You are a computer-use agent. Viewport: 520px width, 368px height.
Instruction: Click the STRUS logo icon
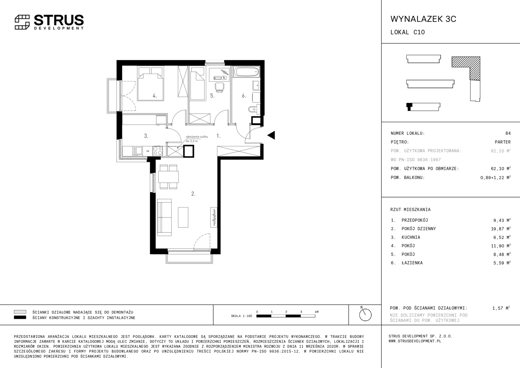pyautogui.click(x=22, y=22)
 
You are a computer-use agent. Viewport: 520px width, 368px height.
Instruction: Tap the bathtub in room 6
pyautogui.click(x=246, y=72)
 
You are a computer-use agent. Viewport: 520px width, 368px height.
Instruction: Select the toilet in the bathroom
pyautogui.click(x=254, y=109)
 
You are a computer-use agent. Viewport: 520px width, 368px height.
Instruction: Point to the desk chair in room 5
pyautogui.click(x=220, y=87)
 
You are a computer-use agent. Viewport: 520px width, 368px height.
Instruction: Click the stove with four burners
pyautogui.click(x=158, y=151)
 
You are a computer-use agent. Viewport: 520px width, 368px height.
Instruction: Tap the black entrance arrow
pyautogui.click(x=271, y=135)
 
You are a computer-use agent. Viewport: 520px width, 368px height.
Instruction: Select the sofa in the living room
pyautogui.click(x=164, y=218)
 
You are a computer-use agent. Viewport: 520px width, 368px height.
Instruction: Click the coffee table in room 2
pyautogui.click(x=183, y=217)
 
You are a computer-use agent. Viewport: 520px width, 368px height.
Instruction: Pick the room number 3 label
pyautogui.click(x=146, y=136)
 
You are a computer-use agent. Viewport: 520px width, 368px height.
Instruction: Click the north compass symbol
pyautogui.click(x=365, y=315)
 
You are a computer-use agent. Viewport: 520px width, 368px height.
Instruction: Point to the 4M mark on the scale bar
pyautogui.click(x=316, y=312)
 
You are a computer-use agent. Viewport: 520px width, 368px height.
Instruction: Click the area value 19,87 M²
pyautogui.click(x=501, y=229)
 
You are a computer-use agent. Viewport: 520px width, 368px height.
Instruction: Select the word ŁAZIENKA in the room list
pyautogui.click(x=412, y=263)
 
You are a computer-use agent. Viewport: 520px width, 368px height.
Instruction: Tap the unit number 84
pyautogui.click(x=508, y=133)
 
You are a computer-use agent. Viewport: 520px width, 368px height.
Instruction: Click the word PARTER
pyautogui.click(x=503, y=142)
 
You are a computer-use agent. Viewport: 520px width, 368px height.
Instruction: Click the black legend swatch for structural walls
pyautogui.click(x=20, y=317)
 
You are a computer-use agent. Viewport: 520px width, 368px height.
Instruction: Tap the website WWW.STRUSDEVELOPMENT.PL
pyautogui.click(x=415, y=341)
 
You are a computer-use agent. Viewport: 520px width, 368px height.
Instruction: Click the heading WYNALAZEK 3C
pyautogui.click(x=423, y=19)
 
